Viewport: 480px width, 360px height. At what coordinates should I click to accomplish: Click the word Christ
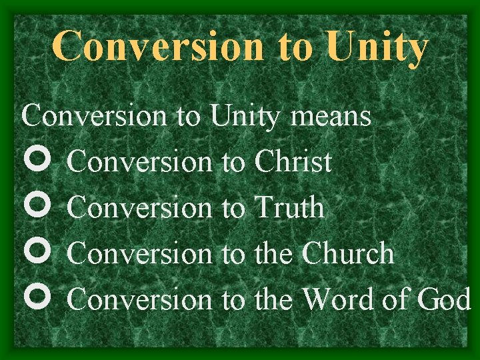293,162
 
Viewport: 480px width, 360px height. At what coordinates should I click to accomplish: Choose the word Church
348,253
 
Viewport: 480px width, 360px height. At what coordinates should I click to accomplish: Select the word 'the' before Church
274,253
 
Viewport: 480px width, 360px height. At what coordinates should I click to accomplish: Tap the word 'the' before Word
274,299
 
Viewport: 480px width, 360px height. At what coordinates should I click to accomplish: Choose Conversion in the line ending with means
93,116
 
